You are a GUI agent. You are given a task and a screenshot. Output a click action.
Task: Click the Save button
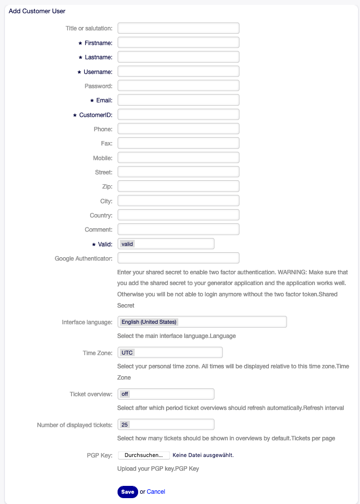click(127, 492)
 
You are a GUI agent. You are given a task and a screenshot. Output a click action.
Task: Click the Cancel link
click(156, 492)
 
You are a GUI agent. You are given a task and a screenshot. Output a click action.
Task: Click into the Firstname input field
click(178, 43)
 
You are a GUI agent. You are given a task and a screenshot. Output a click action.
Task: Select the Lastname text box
click(178, 57)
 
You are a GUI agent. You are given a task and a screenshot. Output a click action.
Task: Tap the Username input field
click(178, 72)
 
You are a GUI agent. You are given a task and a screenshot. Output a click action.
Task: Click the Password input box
click(178, 86)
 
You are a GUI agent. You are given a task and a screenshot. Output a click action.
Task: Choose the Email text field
click(178, 100)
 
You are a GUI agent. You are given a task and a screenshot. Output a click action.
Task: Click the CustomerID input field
click(178, 115)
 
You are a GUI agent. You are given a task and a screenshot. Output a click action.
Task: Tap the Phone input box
click(178, 129)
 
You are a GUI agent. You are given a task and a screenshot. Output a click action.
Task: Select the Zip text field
click(178, 186)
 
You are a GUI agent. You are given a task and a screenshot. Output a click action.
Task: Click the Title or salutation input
click(178, 28)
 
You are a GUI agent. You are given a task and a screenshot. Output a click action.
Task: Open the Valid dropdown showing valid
click(166, 243)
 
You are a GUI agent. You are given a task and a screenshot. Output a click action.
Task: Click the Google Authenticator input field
click(178, 258)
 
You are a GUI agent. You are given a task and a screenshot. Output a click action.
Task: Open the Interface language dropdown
click(202, 322)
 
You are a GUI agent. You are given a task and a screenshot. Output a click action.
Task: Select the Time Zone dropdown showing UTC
click(170, 353)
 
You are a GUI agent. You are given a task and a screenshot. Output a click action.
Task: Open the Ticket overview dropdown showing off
click(166, 394)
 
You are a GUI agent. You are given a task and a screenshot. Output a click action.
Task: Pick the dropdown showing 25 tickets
click(166, 424)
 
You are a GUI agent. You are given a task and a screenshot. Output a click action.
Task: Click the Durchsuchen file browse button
click(144, 455)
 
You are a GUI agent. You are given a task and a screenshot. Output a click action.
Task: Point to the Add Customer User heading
click(37, 11)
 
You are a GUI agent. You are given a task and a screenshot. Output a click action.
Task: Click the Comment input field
click(178, 229)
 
